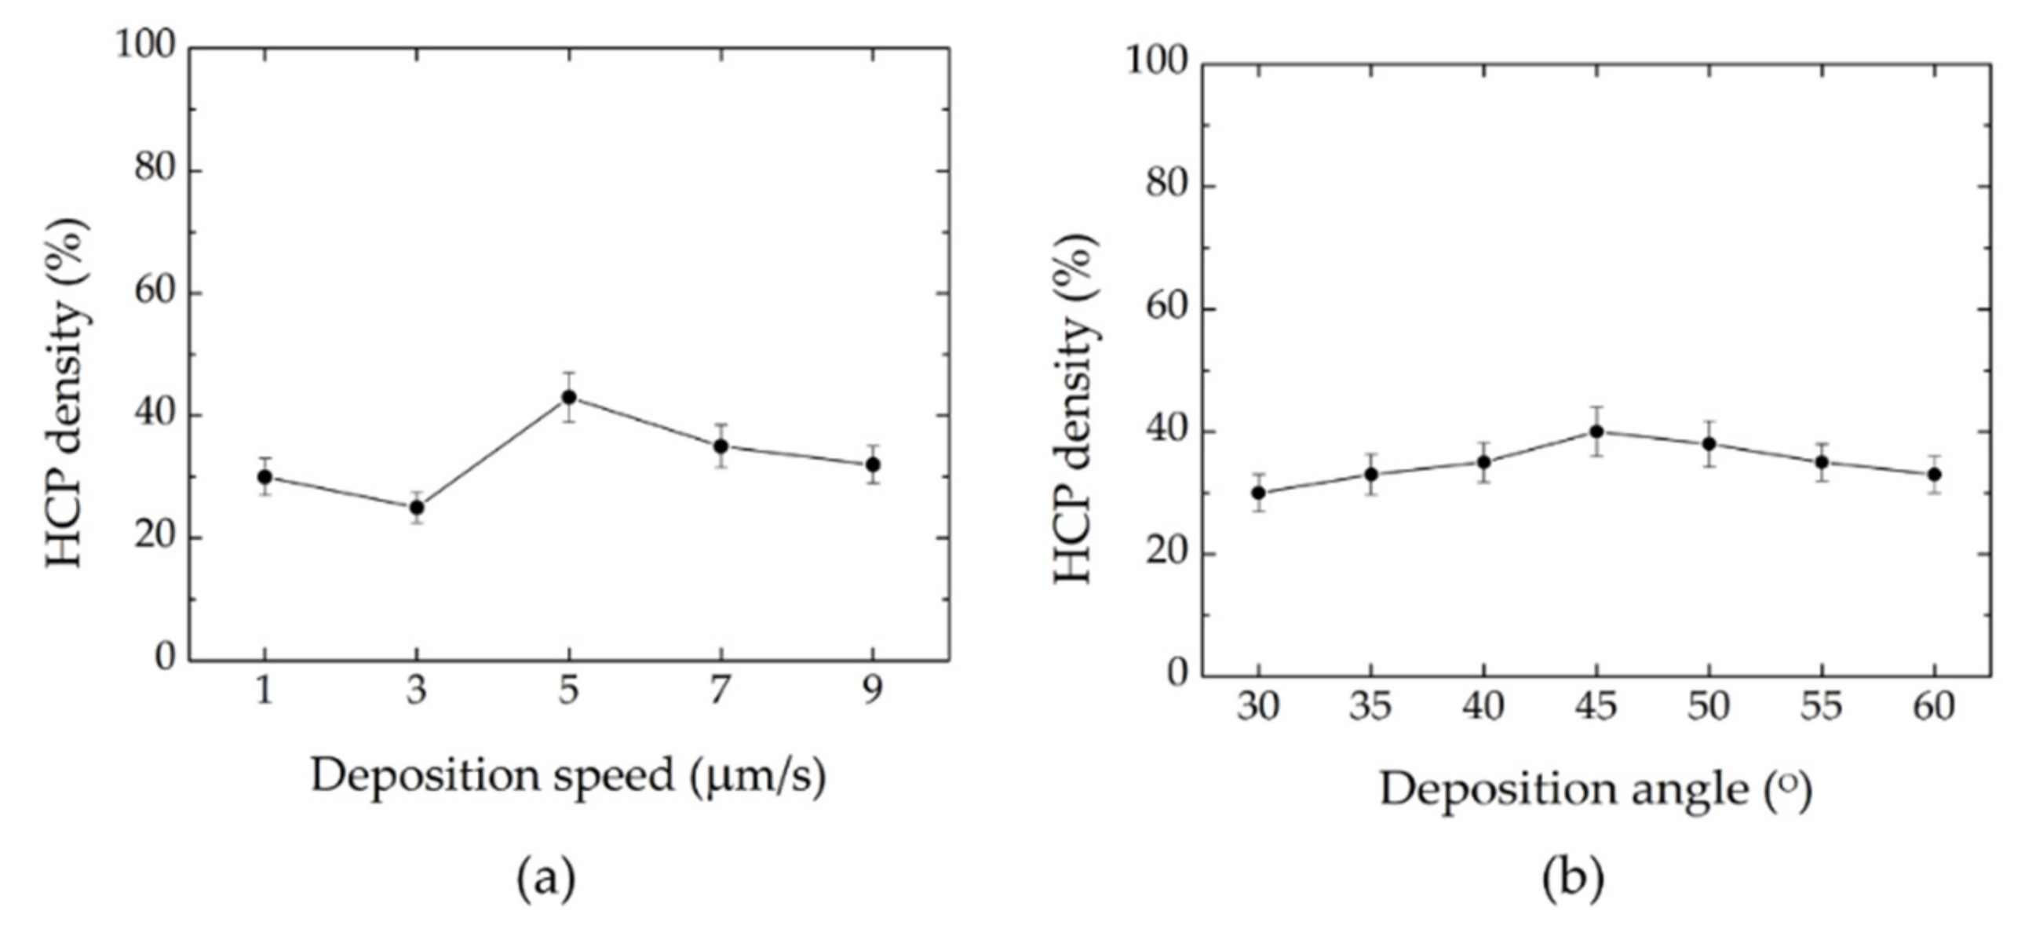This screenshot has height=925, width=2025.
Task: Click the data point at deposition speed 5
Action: [x=568, y=398]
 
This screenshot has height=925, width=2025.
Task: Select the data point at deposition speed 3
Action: [x=417, y=508]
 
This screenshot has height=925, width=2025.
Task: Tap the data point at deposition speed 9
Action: [x=873, y=464]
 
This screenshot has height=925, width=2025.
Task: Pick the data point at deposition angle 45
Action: [x=1596, y=432]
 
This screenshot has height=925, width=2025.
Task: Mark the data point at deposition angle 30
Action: [x=1258, y=493]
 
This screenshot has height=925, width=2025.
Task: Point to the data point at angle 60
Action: [x=1935, y=475]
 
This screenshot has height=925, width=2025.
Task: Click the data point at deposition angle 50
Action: [x=1709, y=444]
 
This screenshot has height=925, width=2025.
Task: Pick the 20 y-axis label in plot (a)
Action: [x=155, y=537]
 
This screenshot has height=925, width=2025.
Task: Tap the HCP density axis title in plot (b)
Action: [x=1075, y=409]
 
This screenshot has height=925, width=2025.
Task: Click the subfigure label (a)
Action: [x=545, y=878]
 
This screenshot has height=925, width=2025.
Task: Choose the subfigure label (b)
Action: [x=1572, y=878]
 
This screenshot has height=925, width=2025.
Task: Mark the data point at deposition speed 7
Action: [x=720, y=446]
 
